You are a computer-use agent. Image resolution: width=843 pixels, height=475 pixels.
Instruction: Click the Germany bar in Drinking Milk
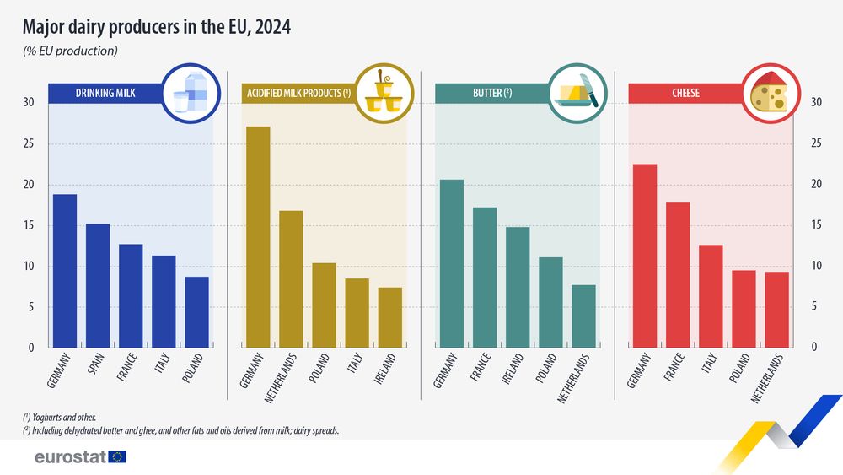point(65,271)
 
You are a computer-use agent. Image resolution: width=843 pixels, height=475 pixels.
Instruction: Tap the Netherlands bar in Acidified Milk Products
point(291,278)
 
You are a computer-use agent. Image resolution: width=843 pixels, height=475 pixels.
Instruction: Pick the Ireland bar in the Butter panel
point(518,287)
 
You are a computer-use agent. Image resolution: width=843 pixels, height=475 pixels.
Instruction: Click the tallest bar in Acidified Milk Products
point(258,237)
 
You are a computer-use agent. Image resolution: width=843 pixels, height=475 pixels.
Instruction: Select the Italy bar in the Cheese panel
point(711,296)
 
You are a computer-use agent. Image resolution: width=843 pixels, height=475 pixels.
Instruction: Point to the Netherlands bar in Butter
point(583,316)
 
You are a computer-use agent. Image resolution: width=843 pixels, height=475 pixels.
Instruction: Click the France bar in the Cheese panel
point(678,275)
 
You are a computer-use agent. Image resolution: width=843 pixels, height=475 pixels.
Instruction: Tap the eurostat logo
point(80,456)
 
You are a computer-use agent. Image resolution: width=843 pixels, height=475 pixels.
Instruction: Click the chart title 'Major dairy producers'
point(157,27)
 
